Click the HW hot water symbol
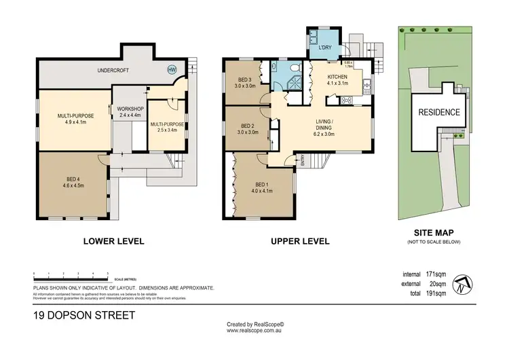tap(171, 69)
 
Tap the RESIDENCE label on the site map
tap(438, 113)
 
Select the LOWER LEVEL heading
tap(113, 241)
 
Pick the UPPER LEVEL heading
tap(300, 241)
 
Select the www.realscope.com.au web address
tap(255, 331)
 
